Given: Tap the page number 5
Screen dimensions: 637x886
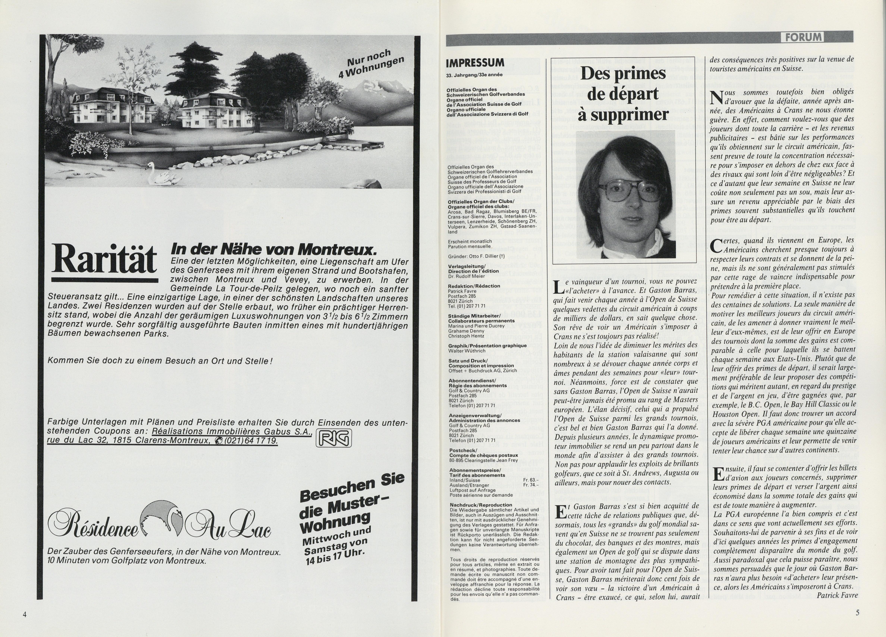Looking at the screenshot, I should click(x=857, y=612).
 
